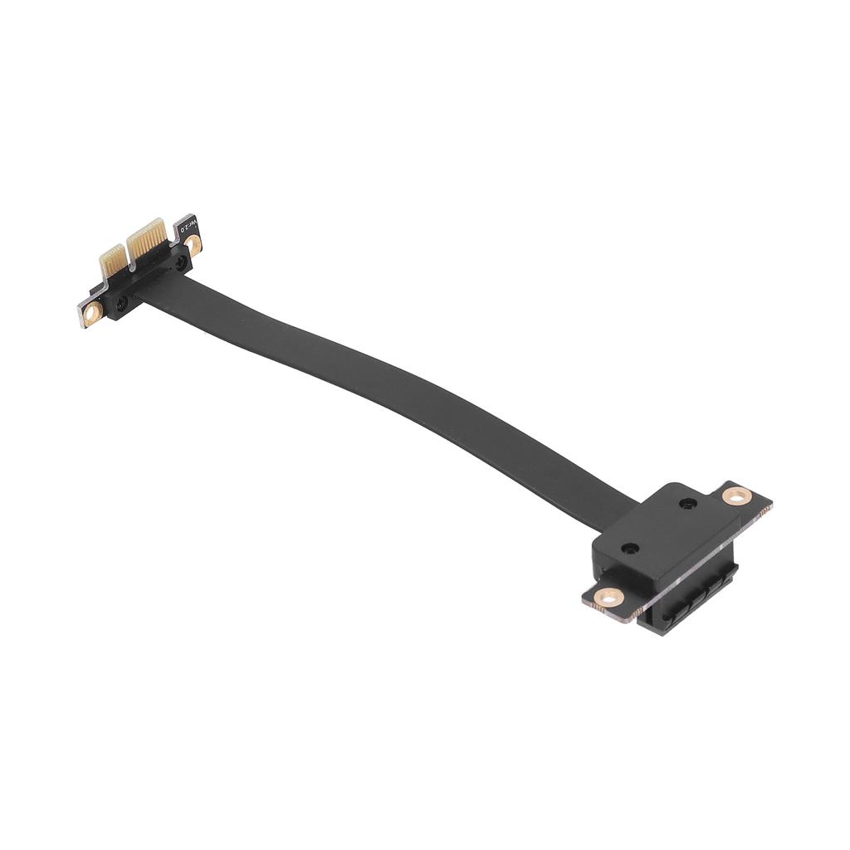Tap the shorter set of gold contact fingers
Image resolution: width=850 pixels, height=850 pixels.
pyautogui.click(x=112, y=261)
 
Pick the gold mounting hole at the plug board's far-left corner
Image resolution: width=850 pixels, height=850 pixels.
pyautogui.click(x=93, y=313)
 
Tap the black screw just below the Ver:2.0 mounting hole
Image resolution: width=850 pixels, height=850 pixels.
pyautogui.click(x=181, y=262)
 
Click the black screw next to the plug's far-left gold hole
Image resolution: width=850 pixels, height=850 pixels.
pyautogui.click(x=122, y=304)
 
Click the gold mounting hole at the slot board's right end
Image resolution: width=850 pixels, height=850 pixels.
pyautogui.click(x=735, y=496)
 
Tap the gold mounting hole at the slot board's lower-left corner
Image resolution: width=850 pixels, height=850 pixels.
pyautogui.click(x=610, y=596)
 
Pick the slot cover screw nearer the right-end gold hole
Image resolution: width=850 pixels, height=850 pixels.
pyautogui.click(x=686, y=503)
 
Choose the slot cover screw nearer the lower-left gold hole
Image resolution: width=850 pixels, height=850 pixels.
pyautogui.click(x=630, y=549)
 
